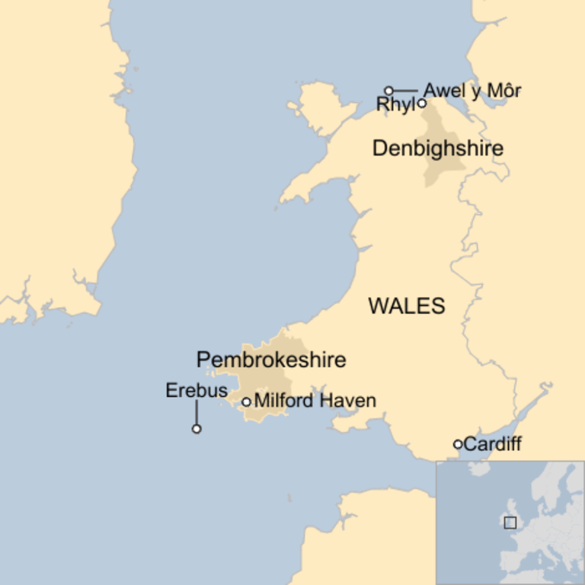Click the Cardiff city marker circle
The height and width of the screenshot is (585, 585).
(x=458, y=444)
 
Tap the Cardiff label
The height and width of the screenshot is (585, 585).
(x=492, y=444)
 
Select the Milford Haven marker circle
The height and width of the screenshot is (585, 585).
(x=246, y=401)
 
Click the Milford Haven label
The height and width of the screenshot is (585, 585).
(x=315, y=401)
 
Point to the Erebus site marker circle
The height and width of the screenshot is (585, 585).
(x=197, y=429)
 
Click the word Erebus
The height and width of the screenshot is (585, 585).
(x=197, y=391)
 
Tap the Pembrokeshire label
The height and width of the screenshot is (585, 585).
(x=271, y=360)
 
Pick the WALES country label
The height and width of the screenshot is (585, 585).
(x=407, y=306)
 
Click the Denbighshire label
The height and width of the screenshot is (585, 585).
(x=437, y=149)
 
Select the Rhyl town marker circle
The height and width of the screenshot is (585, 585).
(x=421, y=103)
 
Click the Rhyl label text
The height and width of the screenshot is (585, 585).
(x=395, y=105)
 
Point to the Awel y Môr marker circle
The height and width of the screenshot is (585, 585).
(x=388, y=91)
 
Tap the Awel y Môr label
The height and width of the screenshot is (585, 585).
(x=472, y=91)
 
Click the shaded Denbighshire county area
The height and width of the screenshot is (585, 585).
(x=442, y=171)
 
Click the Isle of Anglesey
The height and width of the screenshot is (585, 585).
(x=324, y=107)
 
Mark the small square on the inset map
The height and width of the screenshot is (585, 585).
(x=510, y=523)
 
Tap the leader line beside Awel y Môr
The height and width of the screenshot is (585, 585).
(x=405, y=91)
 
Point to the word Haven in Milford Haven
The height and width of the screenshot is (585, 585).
(x=348, y=401)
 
